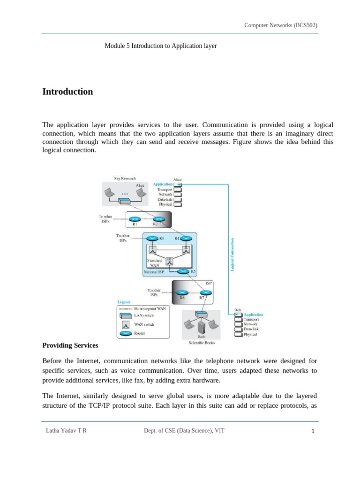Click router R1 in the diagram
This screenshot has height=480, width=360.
(135, 219)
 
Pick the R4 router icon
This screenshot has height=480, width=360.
(187, 238)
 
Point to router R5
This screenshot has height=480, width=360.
(184, 271)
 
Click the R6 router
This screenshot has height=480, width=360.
(184, 293)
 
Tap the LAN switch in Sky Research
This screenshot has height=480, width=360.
(125, 202)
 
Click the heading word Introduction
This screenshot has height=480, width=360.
(67, 92)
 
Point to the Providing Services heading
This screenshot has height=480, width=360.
(70, 345)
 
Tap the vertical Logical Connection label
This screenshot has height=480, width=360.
(232, 254)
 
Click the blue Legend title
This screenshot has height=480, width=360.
(123, 302)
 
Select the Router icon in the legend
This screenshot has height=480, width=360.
(126, 334)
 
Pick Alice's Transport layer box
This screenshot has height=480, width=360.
(178, 189)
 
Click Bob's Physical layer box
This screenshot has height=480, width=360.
(239, 334)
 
